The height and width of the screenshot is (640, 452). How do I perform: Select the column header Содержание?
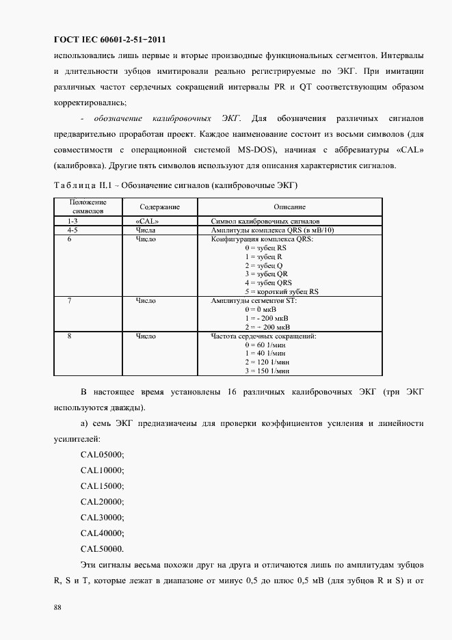click(x=159, y=206)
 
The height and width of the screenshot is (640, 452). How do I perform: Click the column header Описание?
click(x=289, y=206)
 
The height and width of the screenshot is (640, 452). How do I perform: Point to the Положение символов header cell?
click(x=88, y=206)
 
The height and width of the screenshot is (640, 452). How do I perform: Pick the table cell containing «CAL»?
click(x=148, y=222)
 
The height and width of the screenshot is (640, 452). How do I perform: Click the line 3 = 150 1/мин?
click(x=267, y=370)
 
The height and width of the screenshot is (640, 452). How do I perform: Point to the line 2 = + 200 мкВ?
click(x=267, y=327)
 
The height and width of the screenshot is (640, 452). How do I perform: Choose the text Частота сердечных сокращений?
click(x=263, y=336)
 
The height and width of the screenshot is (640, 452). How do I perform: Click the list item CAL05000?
click(x=103, y=455)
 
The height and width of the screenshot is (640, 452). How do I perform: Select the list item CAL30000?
click(x=103, y=518)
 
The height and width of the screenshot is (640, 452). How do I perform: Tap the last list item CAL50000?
click(x=103, y=549)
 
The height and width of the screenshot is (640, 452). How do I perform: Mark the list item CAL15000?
click(x=103, y=486)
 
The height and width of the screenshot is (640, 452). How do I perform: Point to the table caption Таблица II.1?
click(x=79, y=185)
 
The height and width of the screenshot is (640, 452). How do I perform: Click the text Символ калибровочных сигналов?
click(x=265, y=222)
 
